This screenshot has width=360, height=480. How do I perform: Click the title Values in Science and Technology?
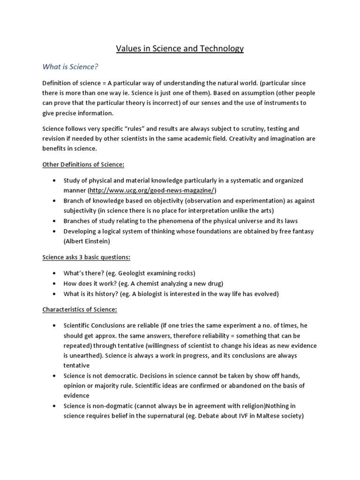click(x=180, y=49)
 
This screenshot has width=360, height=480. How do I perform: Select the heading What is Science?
click(x=70, y=67)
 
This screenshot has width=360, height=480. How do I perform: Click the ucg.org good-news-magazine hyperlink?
click(x=152, y=190)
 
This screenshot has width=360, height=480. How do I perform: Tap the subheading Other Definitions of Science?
click(x=83, y=165)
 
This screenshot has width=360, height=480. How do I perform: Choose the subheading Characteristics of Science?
click(x=80, y=309)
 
